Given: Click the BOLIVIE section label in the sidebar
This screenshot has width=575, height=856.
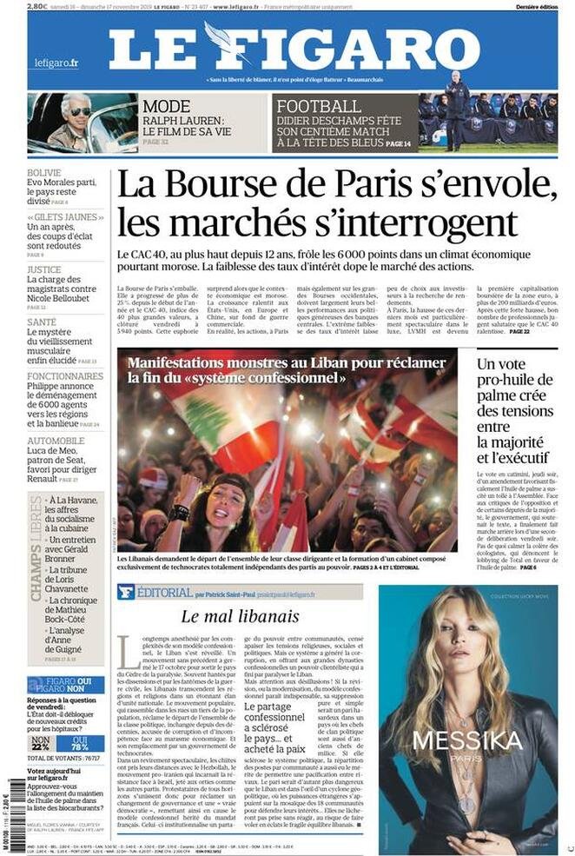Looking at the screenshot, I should click(x=43, y=172).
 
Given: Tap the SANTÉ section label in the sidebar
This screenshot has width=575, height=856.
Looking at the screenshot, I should click(x=41, y=322).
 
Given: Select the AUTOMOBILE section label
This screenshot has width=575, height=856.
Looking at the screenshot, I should click(x=55, y=441).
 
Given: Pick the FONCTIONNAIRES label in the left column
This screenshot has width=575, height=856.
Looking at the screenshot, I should click(x=64, y=376).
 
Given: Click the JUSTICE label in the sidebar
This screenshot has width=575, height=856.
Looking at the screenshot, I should click(x=43, y=269).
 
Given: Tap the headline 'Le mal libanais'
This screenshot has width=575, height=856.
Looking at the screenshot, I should click(x=239, y=615).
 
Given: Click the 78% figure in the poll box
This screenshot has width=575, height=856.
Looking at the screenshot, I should click(x=80, y=746).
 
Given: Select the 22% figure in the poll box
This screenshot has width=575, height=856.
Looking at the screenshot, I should click(x=41, y=746).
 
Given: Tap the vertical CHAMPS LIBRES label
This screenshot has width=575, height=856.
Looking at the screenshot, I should click(x=36, y=547).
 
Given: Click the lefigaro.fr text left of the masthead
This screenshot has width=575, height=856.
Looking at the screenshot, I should click(x=56, y=63).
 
